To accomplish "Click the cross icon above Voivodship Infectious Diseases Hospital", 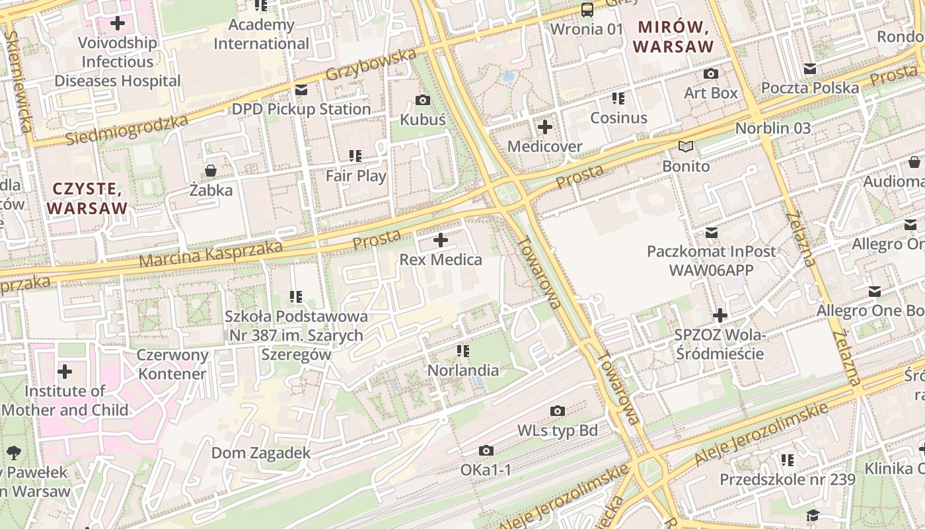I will tap(118, 23).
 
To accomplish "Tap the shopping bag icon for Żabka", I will tap(211, 171).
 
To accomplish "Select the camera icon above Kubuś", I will tap(423, 100).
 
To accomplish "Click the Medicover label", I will tap(544, 146).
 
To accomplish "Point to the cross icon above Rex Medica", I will tap(441, 240).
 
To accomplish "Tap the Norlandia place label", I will tap(462, 370).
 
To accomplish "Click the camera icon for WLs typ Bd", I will tap(558, 411).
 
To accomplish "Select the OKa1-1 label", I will tap(486, 470).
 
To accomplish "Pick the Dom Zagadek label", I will tap(260, 453).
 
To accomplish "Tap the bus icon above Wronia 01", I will tap(587, 9).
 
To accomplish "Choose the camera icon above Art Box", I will tap(711, 73).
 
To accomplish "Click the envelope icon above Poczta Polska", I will tap(810, 69).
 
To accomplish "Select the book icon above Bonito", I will tap(686, 146).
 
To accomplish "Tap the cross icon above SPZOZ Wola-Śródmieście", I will tap(720, 315).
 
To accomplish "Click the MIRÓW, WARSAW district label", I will tap(673, 37).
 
